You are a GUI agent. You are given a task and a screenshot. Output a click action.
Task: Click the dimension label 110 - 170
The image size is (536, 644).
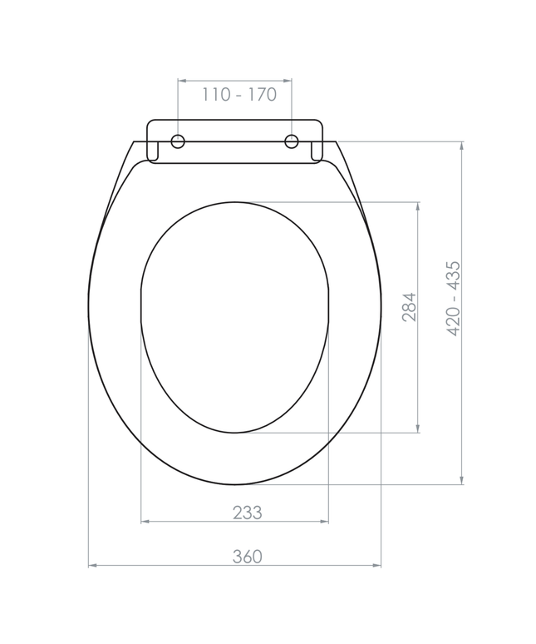point(238,95)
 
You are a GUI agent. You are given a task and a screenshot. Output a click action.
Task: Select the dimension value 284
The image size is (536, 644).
point(409,307)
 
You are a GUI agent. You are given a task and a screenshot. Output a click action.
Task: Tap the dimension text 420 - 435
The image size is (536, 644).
point(454,299)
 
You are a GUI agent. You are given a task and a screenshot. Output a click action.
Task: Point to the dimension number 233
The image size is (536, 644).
point(247,513)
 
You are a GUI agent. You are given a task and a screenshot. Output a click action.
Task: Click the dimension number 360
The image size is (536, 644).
point(247,557)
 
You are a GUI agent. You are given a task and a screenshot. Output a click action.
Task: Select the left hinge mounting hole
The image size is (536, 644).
point(178,141)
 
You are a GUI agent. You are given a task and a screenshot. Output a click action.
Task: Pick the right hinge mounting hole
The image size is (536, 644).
point(292,141)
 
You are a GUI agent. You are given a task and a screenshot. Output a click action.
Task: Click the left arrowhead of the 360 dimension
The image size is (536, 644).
point(92,566)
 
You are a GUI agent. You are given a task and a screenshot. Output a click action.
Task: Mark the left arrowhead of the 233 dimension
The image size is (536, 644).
point(145,522)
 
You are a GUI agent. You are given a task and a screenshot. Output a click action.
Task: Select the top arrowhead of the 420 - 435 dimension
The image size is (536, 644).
point(461,146)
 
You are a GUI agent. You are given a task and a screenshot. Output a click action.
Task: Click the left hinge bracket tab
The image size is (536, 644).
point(153,151)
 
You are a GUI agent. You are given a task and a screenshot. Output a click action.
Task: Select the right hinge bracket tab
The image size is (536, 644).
point(317,151)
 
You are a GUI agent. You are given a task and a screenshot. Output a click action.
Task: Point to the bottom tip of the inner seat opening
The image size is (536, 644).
point(235,432)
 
